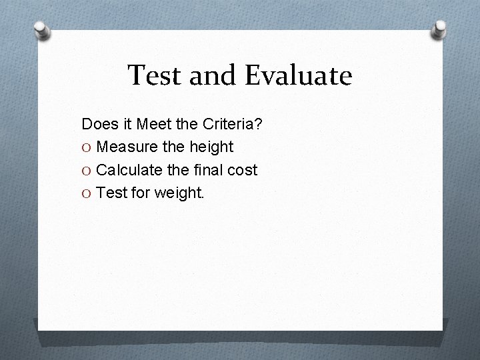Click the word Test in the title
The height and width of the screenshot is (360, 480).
click(x=153, y=75)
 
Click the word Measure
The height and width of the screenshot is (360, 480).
click(x=125, y=147)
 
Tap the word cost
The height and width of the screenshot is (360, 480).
click(x=243, y=170)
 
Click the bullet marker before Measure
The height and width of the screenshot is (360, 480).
click(x=86, y=147)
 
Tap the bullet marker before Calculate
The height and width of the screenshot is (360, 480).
click(x=86, y=171)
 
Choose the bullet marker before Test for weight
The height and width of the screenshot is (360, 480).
click(x=86, y=194)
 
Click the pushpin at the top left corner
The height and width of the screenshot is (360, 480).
click(x=43, y=31)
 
